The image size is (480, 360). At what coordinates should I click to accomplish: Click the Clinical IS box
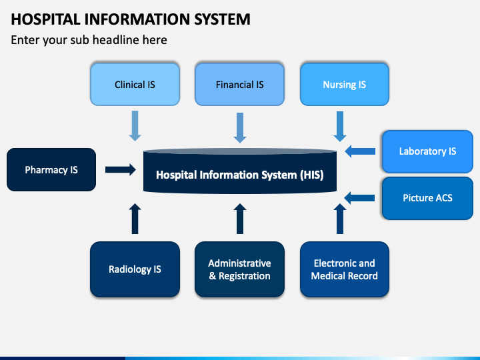135,84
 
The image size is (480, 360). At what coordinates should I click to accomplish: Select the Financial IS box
240,84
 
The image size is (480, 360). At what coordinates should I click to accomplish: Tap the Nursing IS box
345,84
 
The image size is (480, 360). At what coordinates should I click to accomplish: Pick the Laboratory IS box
427,151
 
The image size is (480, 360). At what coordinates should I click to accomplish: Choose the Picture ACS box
427,198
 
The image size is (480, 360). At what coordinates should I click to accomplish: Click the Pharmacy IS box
51,169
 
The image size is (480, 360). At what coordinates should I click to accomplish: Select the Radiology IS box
135,269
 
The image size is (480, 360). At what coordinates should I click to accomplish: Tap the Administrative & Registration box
240,269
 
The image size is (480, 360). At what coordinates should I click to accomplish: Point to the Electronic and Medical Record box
345,269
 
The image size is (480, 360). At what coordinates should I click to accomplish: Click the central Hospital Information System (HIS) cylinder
240,171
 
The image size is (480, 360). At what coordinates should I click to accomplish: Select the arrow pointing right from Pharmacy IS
121,169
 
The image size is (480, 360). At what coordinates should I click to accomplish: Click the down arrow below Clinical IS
135,126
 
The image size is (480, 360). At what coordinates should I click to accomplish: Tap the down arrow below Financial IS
240,127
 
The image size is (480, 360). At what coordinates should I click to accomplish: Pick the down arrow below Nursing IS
340,127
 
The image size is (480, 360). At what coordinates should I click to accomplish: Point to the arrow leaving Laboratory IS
360,151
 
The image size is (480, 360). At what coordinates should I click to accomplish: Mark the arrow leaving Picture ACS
359,198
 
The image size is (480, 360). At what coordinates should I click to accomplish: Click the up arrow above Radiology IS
135,219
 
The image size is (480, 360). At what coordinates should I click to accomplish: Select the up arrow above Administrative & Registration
240,219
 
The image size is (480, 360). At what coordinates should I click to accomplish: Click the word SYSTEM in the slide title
222,19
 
